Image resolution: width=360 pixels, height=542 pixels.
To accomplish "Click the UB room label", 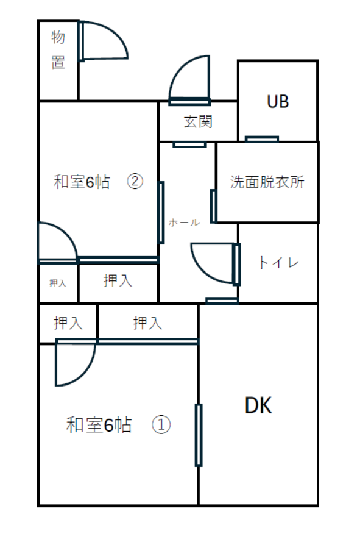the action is (278, 102).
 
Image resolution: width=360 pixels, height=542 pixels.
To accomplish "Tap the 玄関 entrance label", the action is (198, 122).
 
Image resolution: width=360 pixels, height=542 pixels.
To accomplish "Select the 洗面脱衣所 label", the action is (267, 182).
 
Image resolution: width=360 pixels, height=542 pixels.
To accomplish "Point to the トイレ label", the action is (278, 263).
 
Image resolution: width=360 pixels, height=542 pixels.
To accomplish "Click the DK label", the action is (258, 405).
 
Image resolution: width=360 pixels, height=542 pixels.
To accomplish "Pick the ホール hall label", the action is (184, 223).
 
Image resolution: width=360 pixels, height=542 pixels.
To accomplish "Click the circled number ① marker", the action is (161, 424).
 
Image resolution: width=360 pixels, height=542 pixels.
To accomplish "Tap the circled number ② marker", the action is (135, 181).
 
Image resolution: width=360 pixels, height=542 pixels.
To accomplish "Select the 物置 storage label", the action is (58, 50).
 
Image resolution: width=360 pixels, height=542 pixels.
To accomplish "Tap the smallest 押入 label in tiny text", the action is (58, 283).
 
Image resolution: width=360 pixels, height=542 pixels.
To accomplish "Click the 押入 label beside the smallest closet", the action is (118, 280).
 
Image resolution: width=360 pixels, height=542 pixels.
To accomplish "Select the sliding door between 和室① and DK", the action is (199, 435).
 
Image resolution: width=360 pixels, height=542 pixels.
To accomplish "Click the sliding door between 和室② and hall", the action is (161, 213).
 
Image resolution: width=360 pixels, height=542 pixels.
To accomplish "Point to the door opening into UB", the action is (261, 139).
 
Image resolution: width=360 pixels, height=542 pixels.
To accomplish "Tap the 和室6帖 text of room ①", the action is (99, 425).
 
